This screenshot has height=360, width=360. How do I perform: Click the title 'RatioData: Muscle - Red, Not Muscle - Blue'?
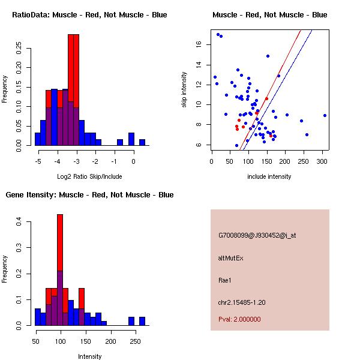tap(89, 15)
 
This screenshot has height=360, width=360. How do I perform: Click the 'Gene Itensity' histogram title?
tap(89, 195)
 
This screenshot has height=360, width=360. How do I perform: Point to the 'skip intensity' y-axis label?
tap(185, 90)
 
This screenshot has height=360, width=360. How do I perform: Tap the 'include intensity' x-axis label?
tap(269, 176)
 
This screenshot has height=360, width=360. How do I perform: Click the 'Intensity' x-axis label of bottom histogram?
tap(89, 356)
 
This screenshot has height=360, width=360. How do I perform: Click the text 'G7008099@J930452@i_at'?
tap(257, 236)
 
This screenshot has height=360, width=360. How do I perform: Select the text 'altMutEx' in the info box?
tap(230, 258)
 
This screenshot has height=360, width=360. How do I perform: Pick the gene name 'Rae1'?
tap(224, 280)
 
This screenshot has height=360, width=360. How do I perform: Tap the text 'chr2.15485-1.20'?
tap(241, 302)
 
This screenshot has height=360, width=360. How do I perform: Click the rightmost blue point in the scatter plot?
tap(325, 115)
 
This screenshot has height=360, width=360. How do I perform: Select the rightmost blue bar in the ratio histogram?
tap(142, 142)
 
